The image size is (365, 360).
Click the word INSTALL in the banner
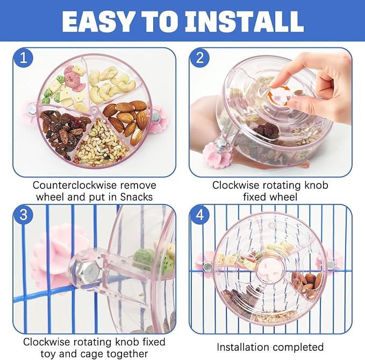point(244,22)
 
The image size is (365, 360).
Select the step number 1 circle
point(23,58)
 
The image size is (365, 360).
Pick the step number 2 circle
point(200,58)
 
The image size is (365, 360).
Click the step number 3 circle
point(23,215)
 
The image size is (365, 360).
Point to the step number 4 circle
point(200,215)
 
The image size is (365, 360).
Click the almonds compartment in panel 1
point(126,120)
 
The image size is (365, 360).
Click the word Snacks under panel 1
point(137,197)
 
